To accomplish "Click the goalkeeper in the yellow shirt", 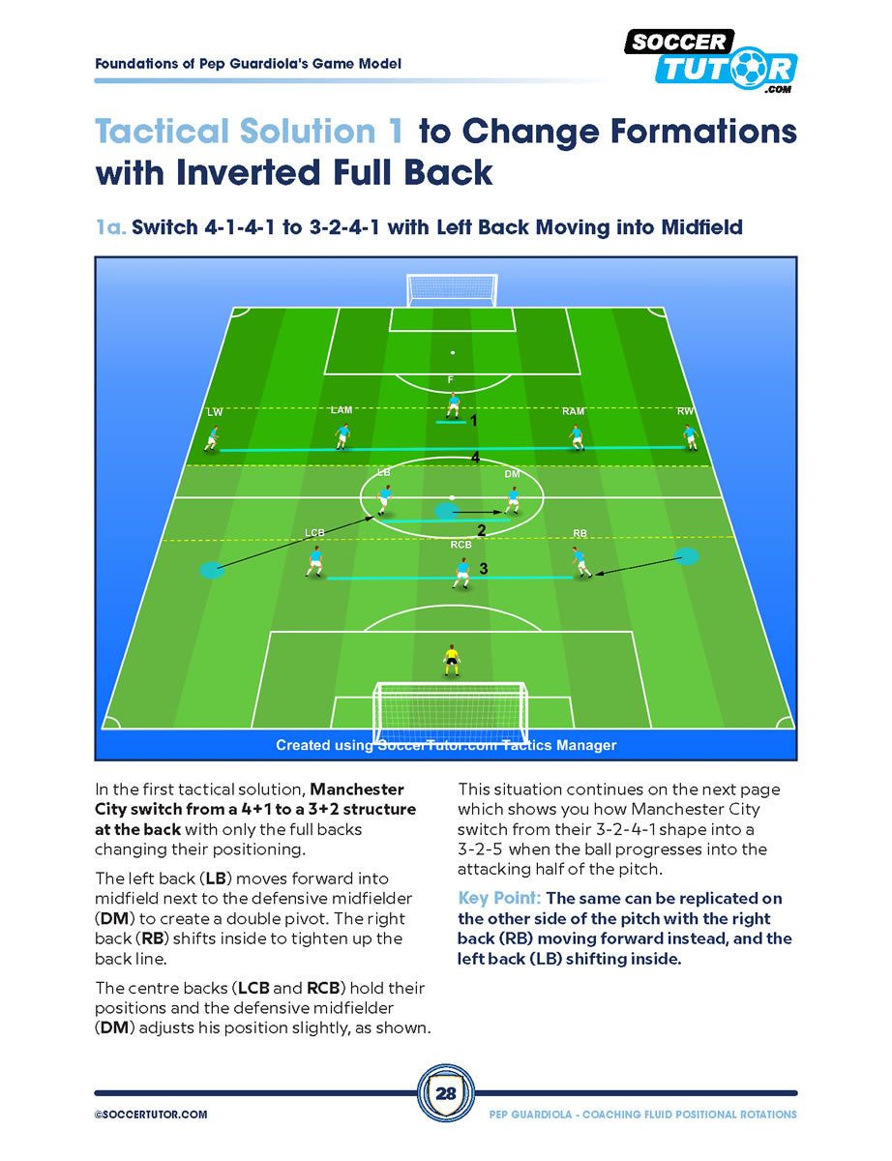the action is coord(452,661).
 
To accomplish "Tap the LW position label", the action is coord(215,412).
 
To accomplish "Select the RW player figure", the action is coord(690,437).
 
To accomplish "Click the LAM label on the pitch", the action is coord(342,410).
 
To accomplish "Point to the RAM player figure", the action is coord(577,438).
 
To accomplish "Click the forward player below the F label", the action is coord(453,405).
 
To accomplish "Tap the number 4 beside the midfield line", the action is coord(475,458).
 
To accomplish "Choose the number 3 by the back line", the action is coord(484,569).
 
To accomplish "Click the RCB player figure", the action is coord(462,573).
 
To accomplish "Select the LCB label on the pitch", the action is coord(314,533).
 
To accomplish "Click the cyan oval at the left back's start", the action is coord(212,570).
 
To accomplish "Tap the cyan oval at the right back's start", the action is coord(686,556).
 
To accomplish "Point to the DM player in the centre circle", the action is coord(512,500).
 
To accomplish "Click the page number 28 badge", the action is coord(445,1092).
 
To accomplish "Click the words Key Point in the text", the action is coord(499,898).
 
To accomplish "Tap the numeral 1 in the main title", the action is coord(396,132).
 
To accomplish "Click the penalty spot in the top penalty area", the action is coord(453,352).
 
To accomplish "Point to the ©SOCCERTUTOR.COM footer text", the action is coord(151,1114).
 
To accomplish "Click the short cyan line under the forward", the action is coord(451,422).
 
